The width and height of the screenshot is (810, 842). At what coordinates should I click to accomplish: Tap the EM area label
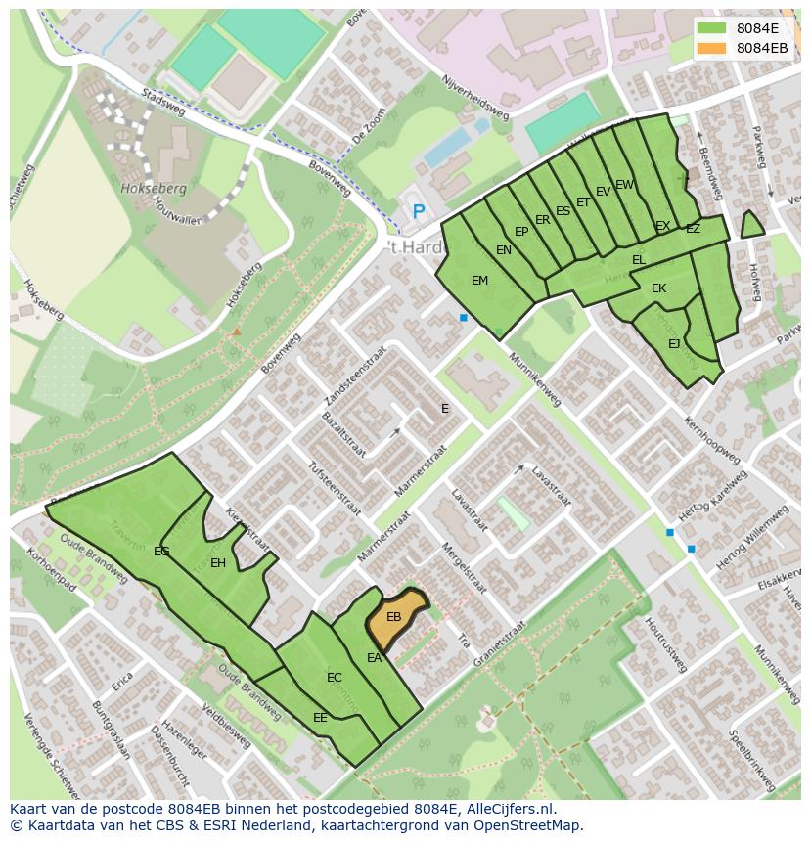(x=479, y=281)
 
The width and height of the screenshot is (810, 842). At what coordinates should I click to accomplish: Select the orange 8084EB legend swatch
(x=712, y=48)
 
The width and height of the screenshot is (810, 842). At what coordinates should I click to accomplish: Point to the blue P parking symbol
(x=419, y=211)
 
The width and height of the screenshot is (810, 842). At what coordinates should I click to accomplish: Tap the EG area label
(x=161, y=552)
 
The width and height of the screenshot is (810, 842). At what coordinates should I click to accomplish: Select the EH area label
(x=218, y=563)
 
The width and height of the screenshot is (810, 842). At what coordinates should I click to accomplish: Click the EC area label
(x=335, y=678)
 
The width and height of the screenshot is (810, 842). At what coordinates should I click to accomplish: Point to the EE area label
(x=320, y=718)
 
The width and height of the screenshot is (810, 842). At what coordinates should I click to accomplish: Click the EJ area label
(x=674, y=344)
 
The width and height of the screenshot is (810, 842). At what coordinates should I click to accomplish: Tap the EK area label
(x=658, y=288)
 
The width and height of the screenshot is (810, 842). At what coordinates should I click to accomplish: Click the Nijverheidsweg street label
(x=475, y=98)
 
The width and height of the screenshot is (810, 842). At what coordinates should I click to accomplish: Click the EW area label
(x=624, y=185)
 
